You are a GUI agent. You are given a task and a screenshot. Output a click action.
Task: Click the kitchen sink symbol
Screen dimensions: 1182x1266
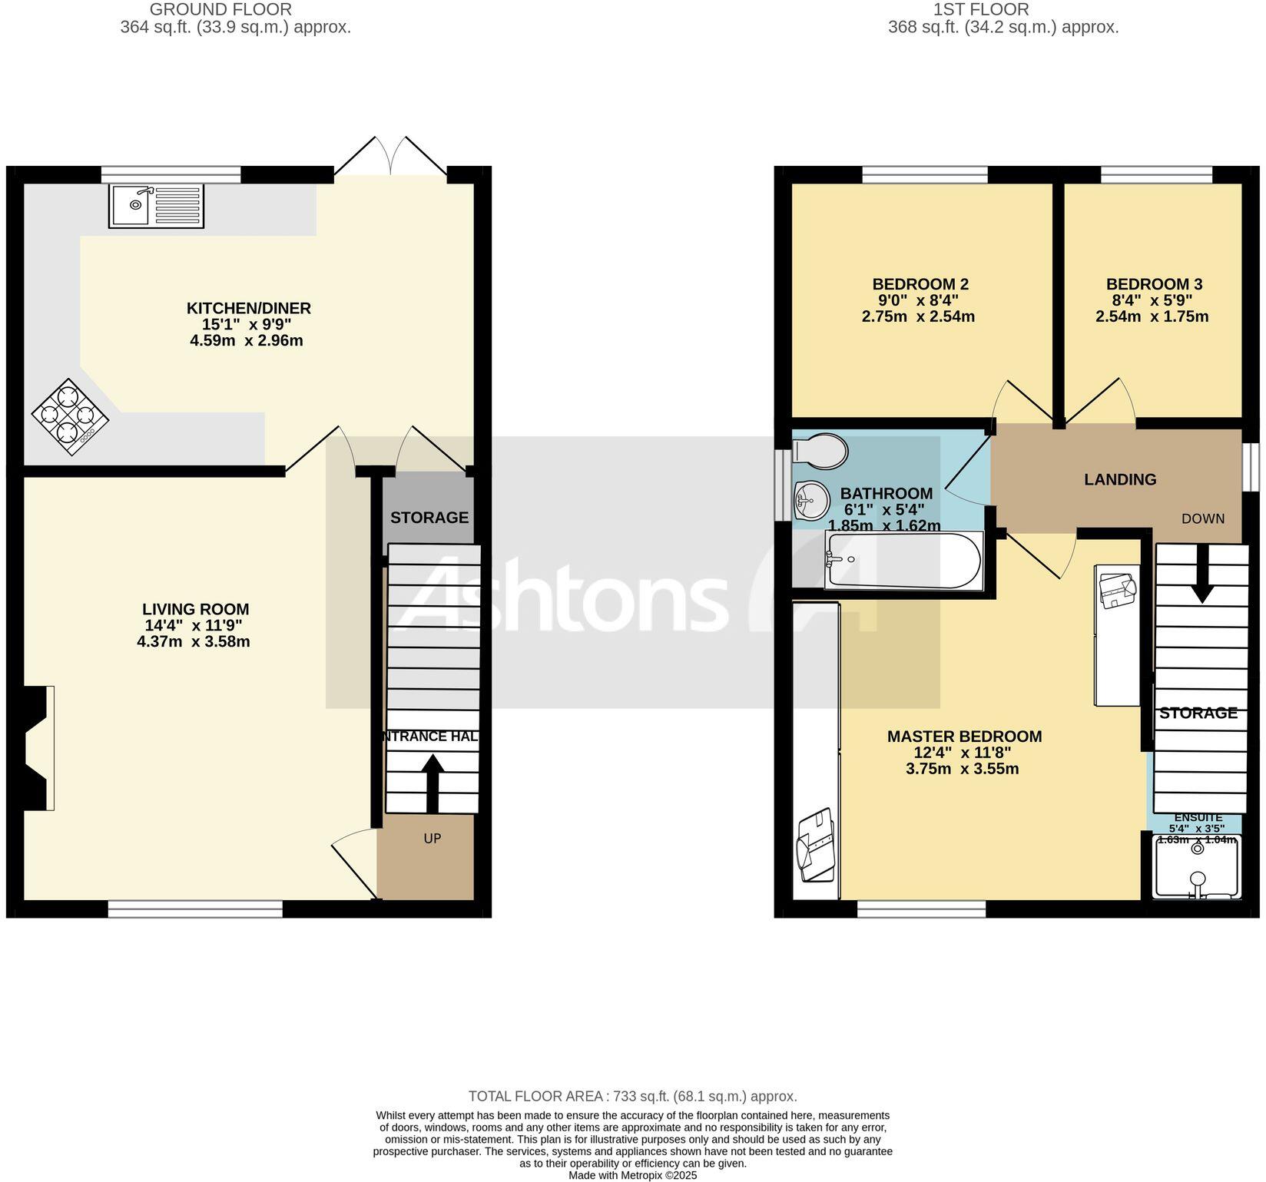click(x=156, y=205)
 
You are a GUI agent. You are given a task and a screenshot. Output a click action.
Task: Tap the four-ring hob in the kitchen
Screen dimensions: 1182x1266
click(x=69, y=416)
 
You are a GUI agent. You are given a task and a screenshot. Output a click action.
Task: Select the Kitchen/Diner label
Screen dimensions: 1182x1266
click(x=248, y=309)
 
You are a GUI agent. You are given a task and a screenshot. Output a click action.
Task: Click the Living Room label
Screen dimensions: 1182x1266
click(x=197, y=610)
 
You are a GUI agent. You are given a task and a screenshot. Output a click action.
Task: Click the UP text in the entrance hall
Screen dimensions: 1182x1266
click(x=432, y=839)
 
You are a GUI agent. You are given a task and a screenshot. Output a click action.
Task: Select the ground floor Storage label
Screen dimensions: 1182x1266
click(x=429, y=518)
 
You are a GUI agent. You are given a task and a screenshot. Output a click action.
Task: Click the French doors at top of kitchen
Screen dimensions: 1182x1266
click(x=392, y=157)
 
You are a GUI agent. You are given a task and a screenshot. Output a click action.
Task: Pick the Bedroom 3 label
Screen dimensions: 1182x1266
click(x=1154, y=284)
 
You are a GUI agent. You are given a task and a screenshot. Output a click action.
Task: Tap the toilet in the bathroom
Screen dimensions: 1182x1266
click(x=820, y=450)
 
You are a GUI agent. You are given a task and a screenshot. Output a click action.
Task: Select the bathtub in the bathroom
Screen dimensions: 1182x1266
click(x=903, y=561)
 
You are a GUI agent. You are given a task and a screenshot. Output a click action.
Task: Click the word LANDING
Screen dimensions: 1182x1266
click(x=1119, y=480)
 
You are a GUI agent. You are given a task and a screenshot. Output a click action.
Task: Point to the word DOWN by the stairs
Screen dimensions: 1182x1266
click(x=1202, y=518)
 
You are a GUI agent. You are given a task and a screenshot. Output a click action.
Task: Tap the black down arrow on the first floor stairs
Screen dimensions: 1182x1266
click(x=1201, y=580)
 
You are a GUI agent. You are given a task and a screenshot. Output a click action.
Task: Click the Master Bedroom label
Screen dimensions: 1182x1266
click(x=964, y=737)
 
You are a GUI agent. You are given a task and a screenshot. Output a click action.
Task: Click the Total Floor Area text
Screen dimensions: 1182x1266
click(x=632, y=1097)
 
